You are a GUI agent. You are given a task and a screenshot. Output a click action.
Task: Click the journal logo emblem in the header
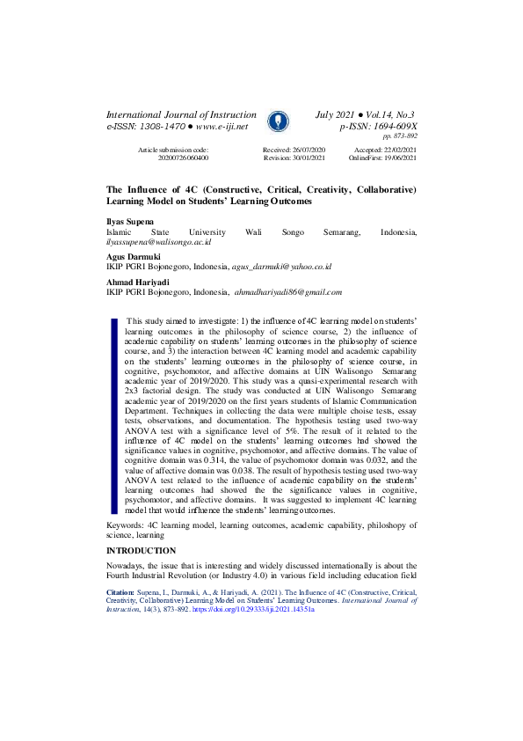[275, 121]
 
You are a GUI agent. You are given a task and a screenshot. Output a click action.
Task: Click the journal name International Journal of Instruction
[180, 115]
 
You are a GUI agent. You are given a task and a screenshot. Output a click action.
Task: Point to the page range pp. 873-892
[399, 136]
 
